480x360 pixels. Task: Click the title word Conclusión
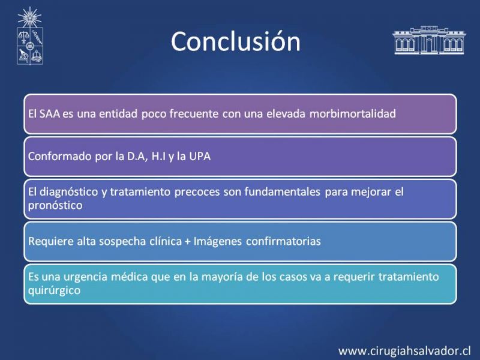point(236,41)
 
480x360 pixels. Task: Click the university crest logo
point(29,36)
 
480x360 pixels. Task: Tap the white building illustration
point(429,40)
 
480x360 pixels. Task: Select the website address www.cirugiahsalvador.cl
point(404,351)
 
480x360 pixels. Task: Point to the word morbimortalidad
point(353,114)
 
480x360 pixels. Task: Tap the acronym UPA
point(200,157)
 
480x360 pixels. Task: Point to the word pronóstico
point(55,206)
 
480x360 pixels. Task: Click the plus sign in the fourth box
point(188,242)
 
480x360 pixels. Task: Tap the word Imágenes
point(217,242)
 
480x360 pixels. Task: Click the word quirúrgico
point(54,290)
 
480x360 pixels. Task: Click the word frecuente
point(194,114)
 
